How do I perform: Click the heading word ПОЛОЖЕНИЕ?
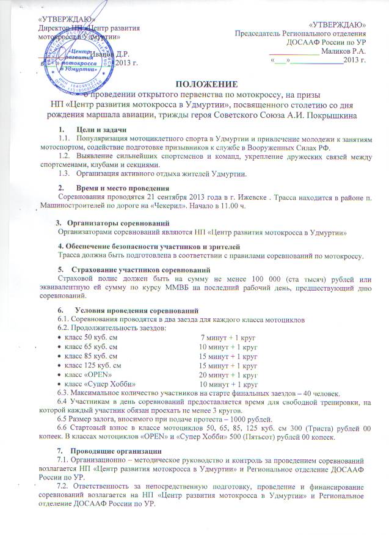[195, 84]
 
